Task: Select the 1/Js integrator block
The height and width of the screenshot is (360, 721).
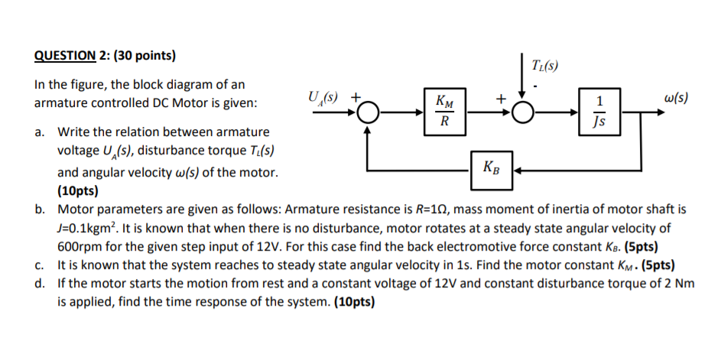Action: tap(599, 112)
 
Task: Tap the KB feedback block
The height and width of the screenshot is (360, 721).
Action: tap(491, 167)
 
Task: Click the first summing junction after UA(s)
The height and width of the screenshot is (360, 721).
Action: tap(369, 113)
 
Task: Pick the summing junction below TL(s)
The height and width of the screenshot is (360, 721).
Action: tap(522, 113)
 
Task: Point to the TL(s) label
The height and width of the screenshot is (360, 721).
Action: tap(544, 65)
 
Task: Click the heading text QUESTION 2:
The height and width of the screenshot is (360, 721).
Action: tap(72, 56)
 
